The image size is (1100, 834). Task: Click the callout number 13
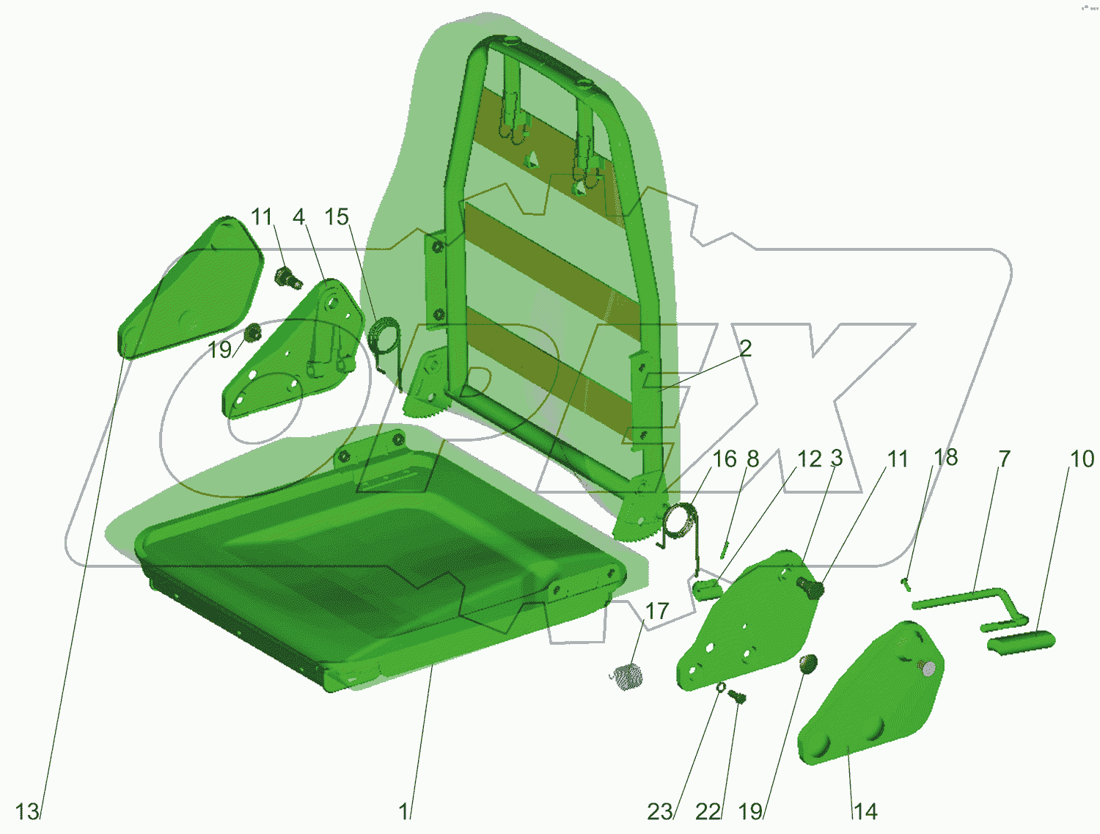(27, 811)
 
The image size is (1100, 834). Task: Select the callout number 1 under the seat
(403, 811)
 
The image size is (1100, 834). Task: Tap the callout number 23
(659, 811)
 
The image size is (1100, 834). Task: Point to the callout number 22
(708, 811)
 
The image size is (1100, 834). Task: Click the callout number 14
(865, 811)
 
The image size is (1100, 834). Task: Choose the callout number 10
(1082, 459)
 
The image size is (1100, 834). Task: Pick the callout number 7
(1004, 459)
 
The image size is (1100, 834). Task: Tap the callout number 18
(946, 457)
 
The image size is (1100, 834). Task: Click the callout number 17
(657, 611)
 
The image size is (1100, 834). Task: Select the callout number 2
(746, 348)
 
